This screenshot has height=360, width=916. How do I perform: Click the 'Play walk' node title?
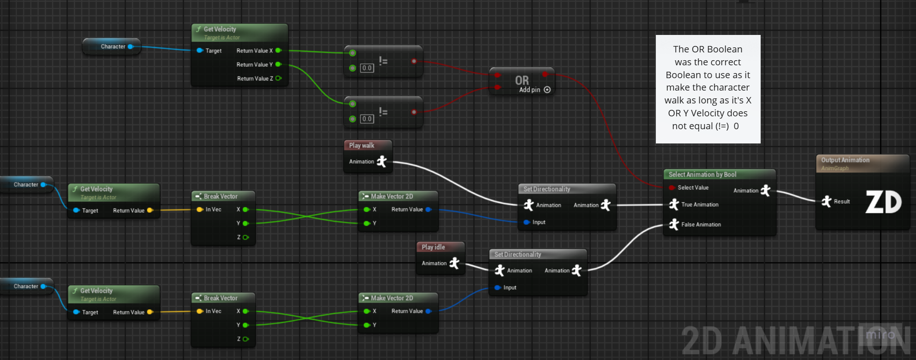click(362, 145)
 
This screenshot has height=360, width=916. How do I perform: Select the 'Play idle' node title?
click(433, 247)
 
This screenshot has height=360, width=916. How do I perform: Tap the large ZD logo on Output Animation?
click(883, 202)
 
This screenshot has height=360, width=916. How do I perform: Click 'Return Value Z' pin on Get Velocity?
click(278, 79)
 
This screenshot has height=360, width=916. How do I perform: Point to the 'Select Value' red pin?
click(672, 188)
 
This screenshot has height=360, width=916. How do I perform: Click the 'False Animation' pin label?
click(701, 224)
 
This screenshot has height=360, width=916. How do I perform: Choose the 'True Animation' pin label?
click(700, 205)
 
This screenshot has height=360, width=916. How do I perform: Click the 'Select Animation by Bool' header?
click(702, 175)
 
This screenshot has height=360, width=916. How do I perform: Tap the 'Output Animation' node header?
click(845, 160)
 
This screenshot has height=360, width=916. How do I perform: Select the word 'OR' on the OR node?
click(522, 80)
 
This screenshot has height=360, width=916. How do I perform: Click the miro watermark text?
click(880, 335)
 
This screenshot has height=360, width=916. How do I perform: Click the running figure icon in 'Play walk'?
click(381, 161)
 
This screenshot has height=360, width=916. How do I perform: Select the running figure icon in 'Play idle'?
click(454, 263)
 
